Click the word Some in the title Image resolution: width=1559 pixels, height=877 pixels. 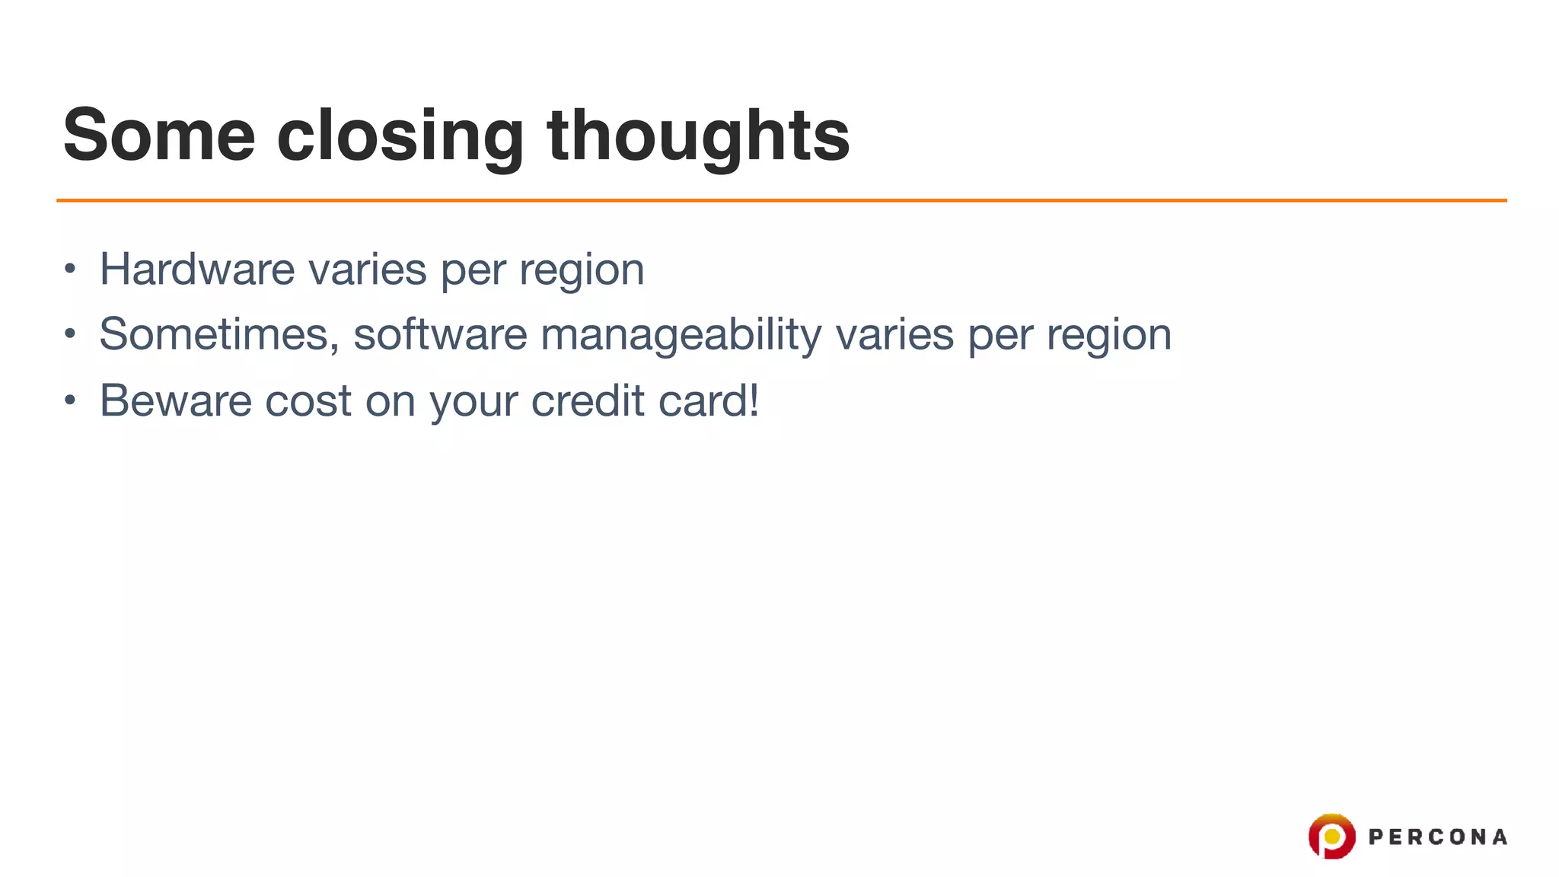[x=159, y=136]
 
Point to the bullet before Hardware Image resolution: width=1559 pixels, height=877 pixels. [x=70, y=269]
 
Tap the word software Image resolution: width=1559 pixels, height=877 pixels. [x=440, y=334]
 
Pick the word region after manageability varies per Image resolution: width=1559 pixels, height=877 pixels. [x=1108, y=336]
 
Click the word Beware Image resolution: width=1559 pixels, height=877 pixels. [x=176, y=400]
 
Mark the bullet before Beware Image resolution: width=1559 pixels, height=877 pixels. [x=70, y=400]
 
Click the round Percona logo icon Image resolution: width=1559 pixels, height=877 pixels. [x=1331, y=836]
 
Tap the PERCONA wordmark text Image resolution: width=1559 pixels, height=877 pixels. [x=1437, y=837]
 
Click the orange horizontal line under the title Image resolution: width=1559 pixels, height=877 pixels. [x=781, y=200]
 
